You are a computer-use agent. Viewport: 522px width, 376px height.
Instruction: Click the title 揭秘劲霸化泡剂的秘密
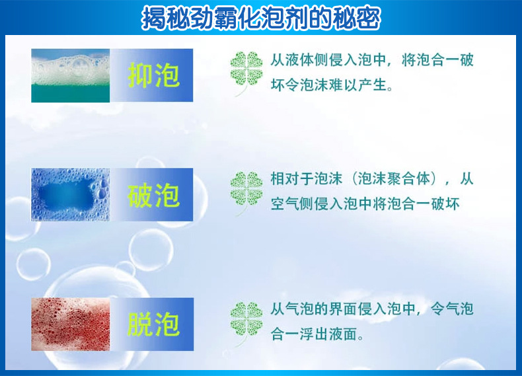point(261,18)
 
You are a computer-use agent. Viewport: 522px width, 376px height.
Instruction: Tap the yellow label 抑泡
point(153,75)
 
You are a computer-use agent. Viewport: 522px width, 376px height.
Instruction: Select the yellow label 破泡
point(153,195)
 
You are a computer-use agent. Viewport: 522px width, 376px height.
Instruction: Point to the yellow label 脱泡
point(153,324)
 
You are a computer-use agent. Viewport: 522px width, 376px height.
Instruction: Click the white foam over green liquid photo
point(71,75)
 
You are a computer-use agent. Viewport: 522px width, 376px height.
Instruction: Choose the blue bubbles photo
point(71,194)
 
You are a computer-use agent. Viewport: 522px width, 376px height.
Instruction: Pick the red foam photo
point(71,324)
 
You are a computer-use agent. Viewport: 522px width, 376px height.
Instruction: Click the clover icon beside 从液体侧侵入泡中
point(246,73)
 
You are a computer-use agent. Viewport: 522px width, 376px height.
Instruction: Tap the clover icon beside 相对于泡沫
point(246,193)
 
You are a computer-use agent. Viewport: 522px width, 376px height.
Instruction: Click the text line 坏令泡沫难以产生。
point(332,85)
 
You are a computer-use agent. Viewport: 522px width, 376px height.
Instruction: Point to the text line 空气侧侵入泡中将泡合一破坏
point(365,204)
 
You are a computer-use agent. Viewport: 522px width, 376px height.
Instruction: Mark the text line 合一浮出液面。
point(317,334)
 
